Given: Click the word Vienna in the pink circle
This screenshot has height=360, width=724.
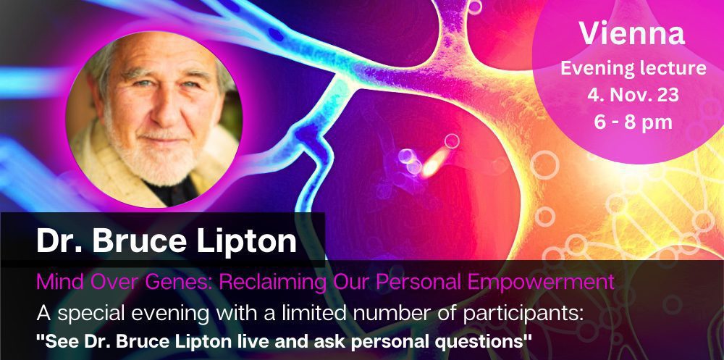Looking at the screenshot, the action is point(632,34).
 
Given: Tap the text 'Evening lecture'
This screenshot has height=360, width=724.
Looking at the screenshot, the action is point(633,69).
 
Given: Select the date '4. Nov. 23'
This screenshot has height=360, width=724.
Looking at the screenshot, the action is point(633,95).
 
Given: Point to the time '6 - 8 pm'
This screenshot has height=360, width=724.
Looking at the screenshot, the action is point(633,122).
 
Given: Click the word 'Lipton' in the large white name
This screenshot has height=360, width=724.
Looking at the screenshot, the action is point(246,240).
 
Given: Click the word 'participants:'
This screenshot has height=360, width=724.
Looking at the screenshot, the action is point(523,314).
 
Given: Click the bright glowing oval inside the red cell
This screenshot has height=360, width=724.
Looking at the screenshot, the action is point(436,162).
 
